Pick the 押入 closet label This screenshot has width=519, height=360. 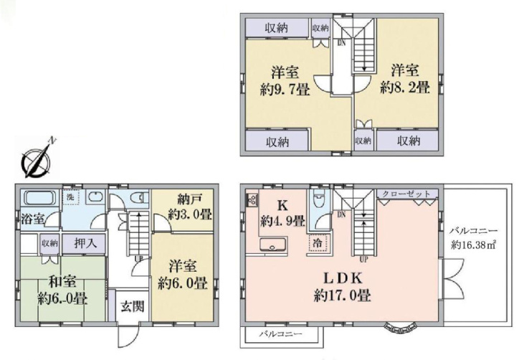(85, 243)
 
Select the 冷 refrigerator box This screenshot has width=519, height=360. (317, 243)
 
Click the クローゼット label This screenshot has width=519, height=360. (406, 194)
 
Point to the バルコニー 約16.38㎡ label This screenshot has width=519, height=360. (475, 238)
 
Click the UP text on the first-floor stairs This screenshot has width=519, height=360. (138, 257)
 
